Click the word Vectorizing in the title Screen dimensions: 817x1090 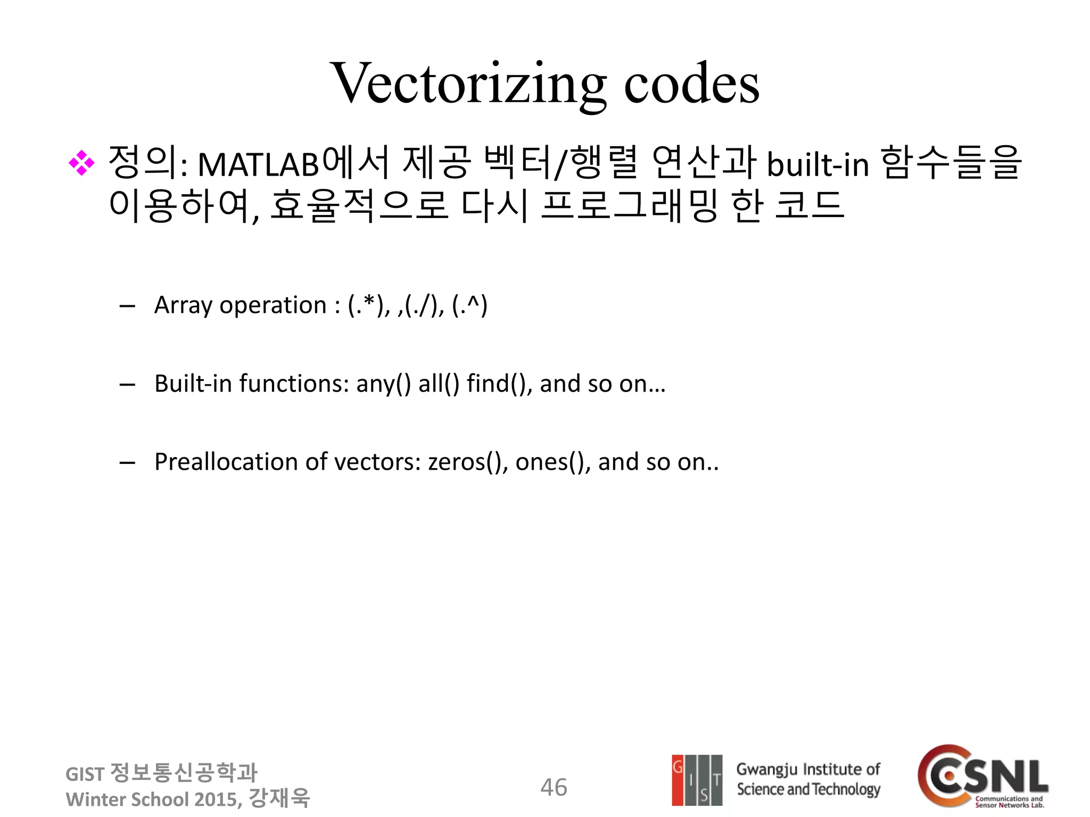(x=468, y=84)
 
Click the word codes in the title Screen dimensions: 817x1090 (x=691, y=84)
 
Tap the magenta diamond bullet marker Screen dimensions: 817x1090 (x=81, y=163)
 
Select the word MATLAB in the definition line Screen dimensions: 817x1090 (x=258, y=165)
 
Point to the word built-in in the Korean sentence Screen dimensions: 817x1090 (x=818, y=165)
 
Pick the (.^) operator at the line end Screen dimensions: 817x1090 (x=469, y=305)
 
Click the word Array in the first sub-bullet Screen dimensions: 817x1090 (x=183, y=306)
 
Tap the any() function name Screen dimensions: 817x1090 (x=383, y=384)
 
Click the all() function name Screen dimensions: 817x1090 (x=439, y=384)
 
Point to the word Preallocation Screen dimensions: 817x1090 (x=226, y=462)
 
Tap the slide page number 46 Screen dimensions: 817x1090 (x=554, y=787)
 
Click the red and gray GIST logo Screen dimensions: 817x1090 (x=697, y=780)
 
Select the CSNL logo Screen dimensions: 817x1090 (x=982, y=777)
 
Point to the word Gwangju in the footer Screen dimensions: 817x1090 (x=766, y=770)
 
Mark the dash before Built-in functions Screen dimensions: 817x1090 (x=127, y=385)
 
